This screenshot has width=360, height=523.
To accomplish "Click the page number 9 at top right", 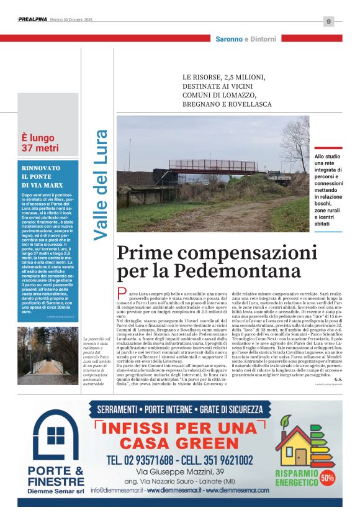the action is [328, 21].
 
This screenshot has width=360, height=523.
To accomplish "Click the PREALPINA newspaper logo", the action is [32, 20].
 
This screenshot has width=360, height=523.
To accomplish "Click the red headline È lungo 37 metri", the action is [40, 142].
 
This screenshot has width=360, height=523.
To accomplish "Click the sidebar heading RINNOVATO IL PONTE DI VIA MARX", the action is [41, 176].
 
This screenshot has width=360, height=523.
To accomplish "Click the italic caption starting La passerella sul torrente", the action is [96, 361].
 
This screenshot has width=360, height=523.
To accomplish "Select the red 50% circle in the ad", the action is [327, 478].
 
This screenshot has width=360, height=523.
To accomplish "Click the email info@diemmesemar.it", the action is [118, 490].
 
